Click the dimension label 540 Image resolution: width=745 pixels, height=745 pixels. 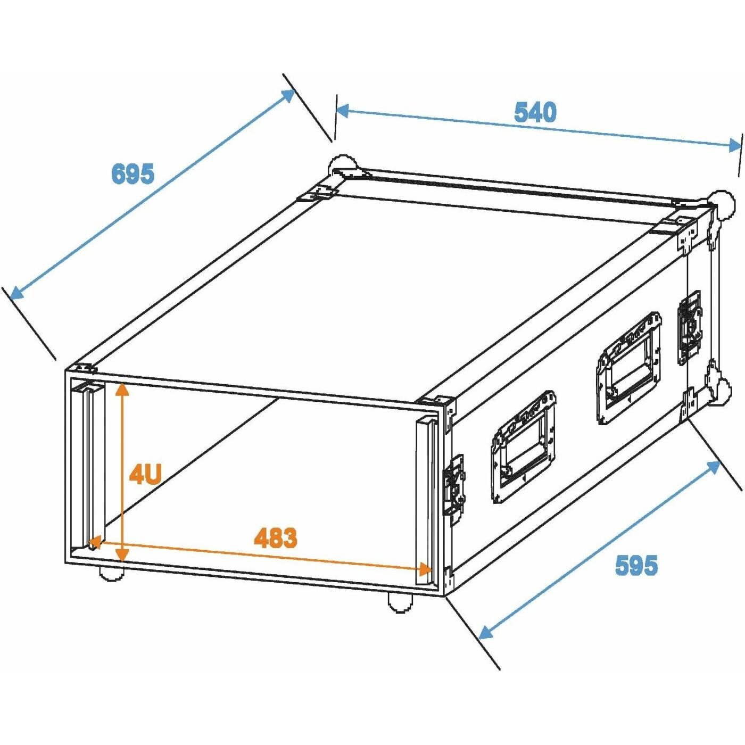535,112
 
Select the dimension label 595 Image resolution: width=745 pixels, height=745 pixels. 636,565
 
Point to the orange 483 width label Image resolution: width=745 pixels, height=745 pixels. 276,537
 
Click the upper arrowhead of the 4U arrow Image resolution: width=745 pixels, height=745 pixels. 122,390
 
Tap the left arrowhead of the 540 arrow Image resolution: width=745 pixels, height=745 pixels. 343,111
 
